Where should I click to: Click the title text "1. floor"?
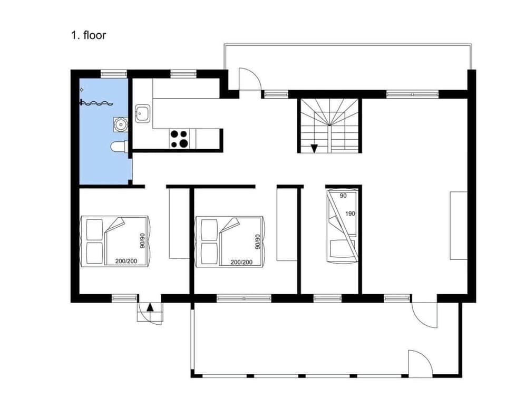89,35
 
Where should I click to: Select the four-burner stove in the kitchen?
179,138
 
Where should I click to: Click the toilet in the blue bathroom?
118,147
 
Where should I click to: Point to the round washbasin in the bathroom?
121,124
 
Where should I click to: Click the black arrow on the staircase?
314,148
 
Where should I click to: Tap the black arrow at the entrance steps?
150,307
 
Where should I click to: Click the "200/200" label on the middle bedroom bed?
241,262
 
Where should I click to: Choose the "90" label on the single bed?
344,196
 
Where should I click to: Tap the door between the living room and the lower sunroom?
424,315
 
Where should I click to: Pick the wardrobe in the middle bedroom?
287,224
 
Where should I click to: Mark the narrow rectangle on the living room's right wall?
458,225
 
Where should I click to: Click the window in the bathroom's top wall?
114,74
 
